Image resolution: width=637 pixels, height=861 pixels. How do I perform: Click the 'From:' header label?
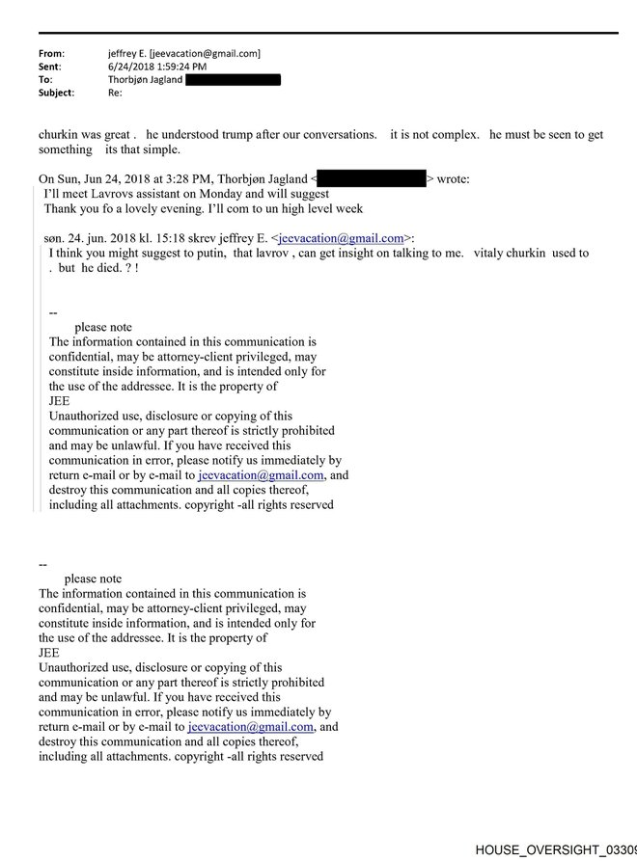[x=52, y=54]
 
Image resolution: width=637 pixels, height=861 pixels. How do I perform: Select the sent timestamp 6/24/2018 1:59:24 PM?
[x=157, y=67]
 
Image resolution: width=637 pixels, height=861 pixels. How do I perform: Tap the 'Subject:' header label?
[x=56, y=93]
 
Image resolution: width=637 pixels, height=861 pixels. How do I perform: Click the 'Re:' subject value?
[x=114, y=93]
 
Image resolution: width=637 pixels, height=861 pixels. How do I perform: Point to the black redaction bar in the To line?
[x=233, y=80]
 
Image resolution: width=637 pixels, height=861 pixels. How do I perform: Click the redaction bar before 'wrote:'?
[x=371, y=178]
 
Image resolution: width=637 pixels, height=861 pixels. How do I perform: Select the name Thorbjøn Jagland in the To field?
[x=145, y=80]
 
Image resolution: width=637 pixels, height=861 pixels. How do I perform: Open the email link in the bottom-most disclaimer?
[x=251, y=727]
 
